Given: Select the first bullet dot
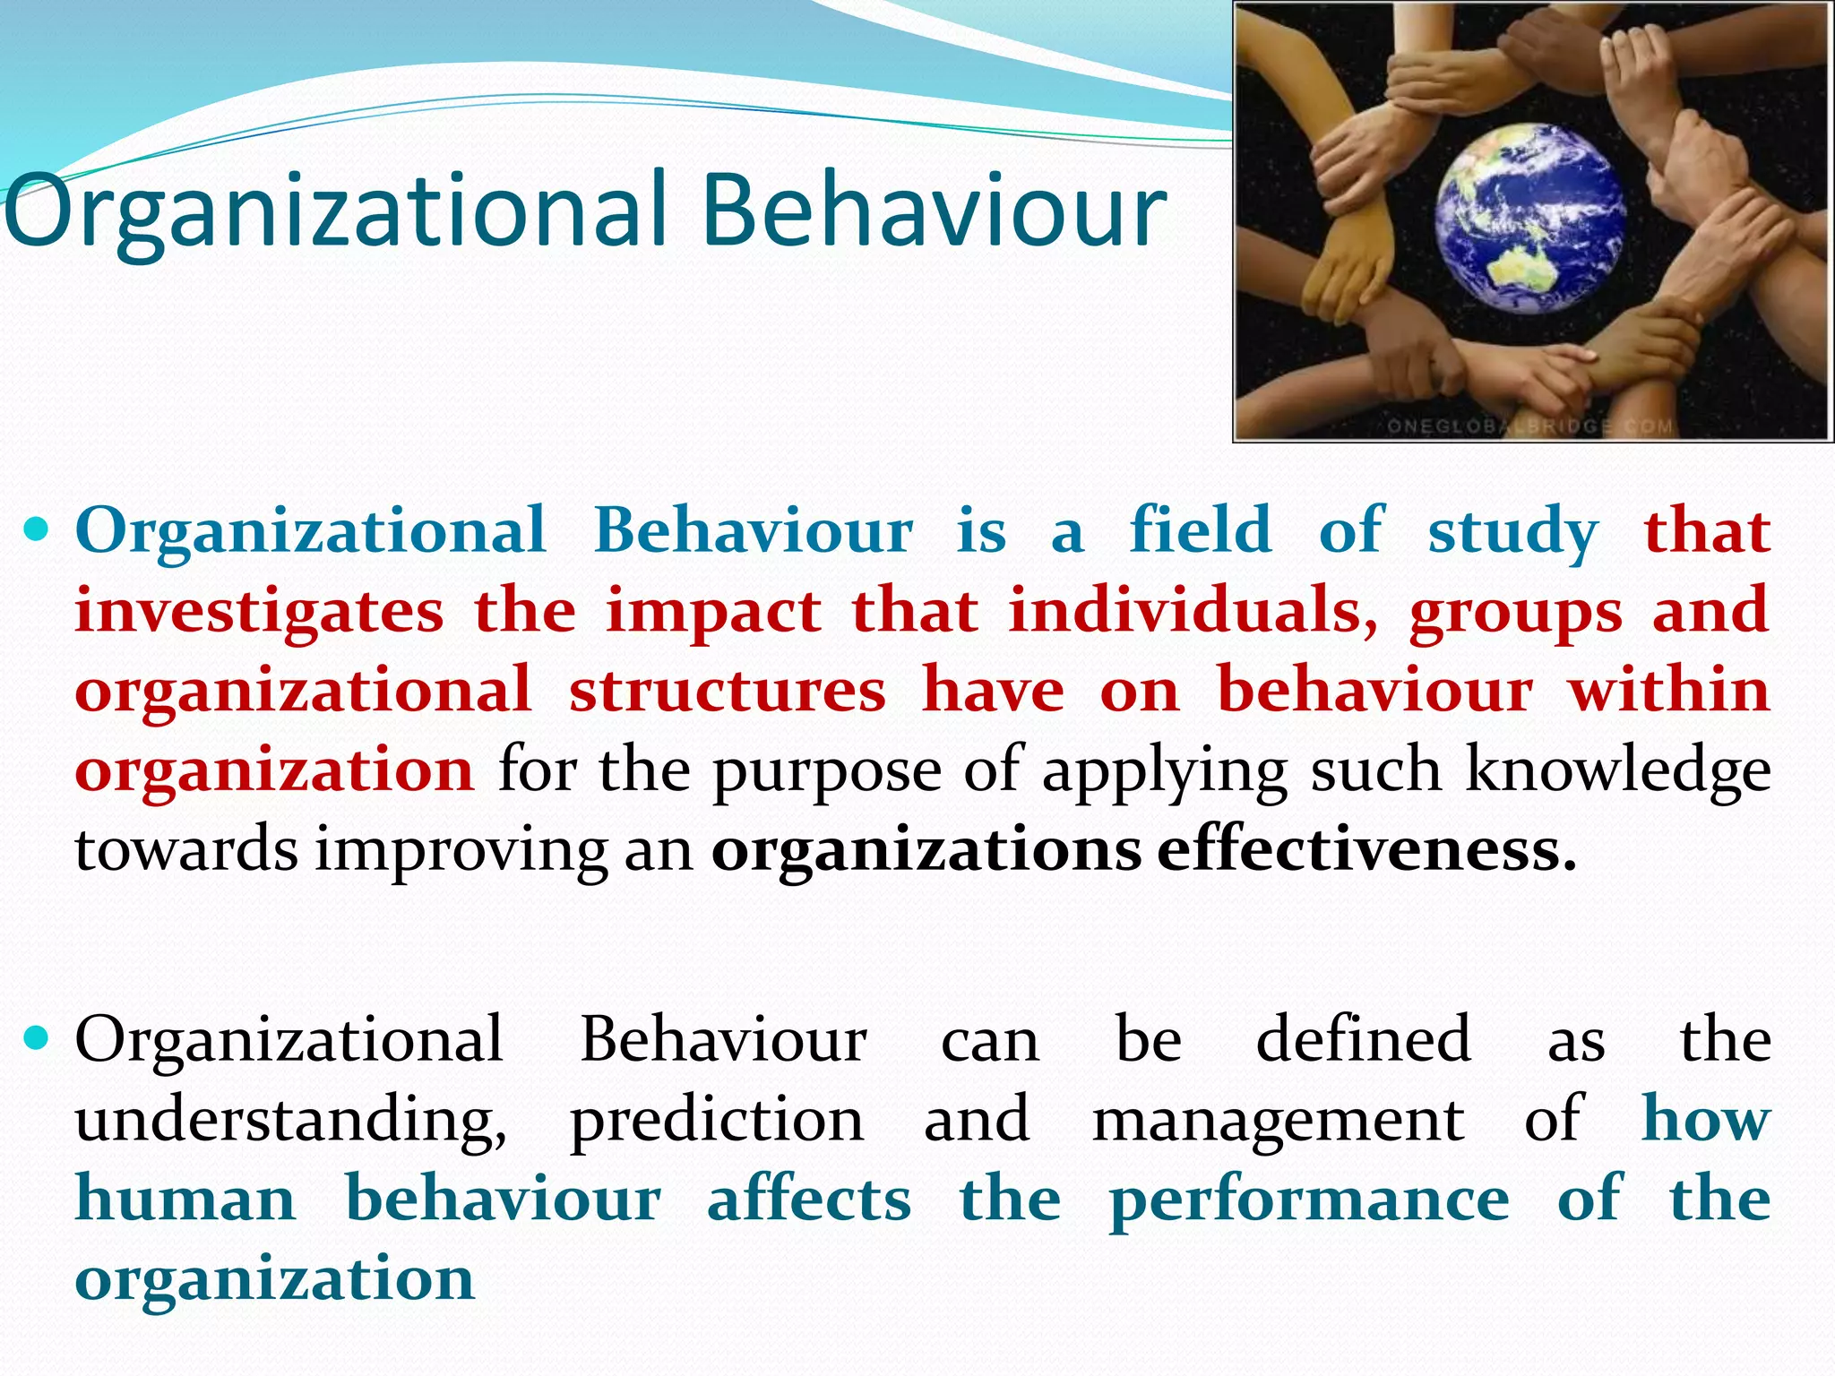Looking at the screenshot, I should click(38, 530).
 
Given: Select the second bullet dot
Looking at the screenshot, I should click(38, 1039).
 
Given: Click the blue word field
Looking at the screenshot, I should click(1201, 530).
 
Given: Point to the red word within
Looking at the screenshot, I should click(1668, 690).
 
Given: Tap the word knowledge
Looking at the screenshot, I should click(1618, 770).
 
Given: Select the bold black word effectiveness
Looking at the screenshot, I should click(1365, 849).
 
